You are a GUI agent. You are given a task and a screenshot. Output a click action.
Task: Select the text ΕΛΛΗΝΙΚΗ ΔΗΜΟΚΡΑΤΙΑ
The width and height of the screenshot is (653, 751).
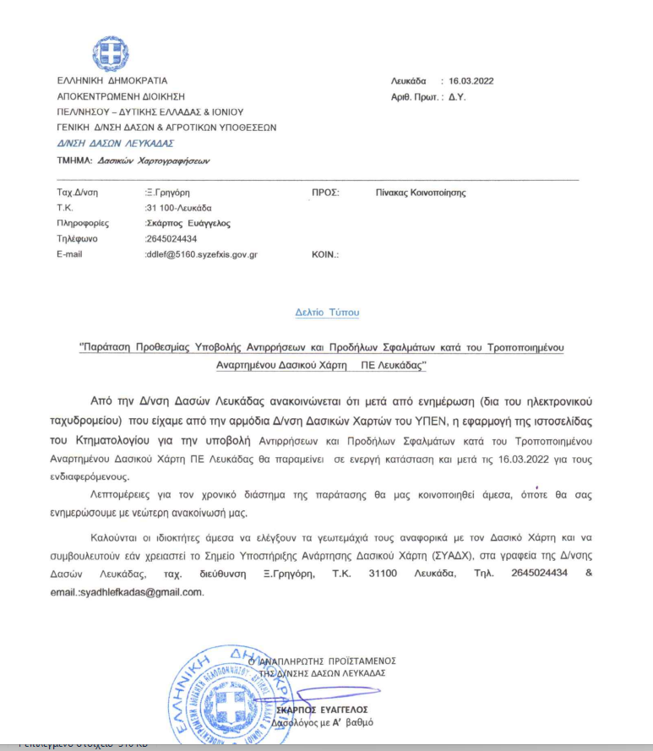tap(106, 81)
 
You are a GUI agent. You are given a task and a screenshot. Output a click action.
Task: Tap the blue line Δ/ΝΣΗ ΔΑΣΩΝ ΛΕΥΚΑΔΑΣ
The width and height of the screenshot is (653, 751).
tap(109, 143)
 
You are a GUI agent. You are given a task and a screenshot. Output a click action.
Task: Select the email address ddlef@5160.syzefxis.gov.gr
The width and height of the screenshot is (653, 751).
tap(202, 253)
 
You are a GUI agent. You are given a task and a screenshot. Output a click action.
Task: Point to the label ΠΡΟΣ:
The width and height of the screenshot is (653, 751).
tap(325, 193)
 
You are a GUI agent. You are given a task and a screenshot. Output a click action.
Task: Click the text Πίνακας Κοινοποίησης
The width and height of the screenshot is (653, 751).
tap(421, 193)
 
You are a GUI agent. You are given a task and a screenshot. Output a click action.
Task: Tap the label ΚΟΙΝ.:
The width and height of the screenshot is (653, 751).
tap(325, 253)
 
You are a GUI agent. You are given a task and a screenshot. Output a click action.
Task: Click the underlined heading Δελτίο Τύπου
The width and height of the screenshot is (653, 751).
tap(327, 313)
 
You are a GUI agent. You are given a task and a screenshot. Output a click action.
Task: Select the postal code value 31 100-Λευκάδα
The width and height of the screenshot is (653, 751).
tap(179, 208)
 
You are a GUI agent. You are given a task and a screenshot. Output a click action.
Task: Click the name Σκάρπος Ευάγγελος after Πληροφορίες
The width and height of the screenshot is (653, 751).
tap(188, 223)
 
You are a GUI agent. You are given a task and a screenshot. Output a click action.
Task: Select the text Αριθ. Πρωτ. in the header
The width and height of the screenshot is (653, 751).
tap(416, 97)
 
